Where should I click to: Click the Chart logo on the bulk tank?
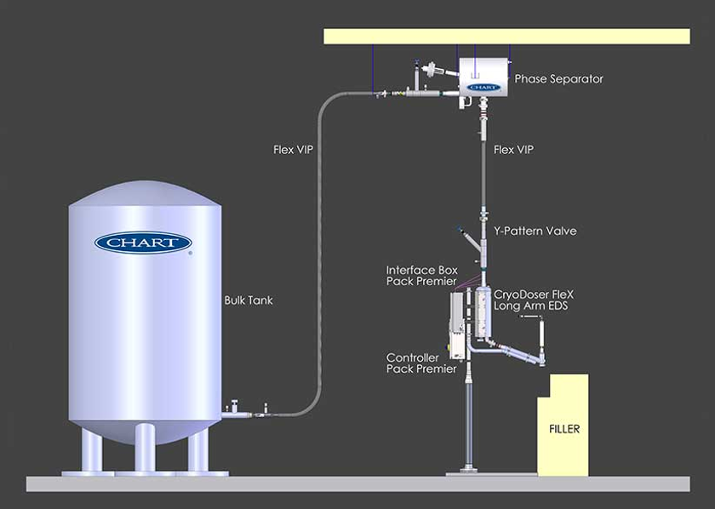tap(143, 243)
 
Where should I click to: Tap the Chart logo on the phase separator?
tap(482, 87)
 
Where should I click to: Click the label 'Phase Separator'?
tap(558, 79)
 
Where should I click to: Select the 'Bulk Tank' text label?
tap(248, 300)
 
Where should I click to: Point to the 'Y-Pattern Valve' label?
tap(535, 231)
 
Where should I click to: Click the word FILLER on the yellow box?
tap(563, 428)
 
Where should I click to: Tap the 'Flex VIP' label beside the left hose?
tap(294, 150)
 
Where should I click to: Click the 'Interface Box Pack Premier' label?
tap(422, 276)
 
